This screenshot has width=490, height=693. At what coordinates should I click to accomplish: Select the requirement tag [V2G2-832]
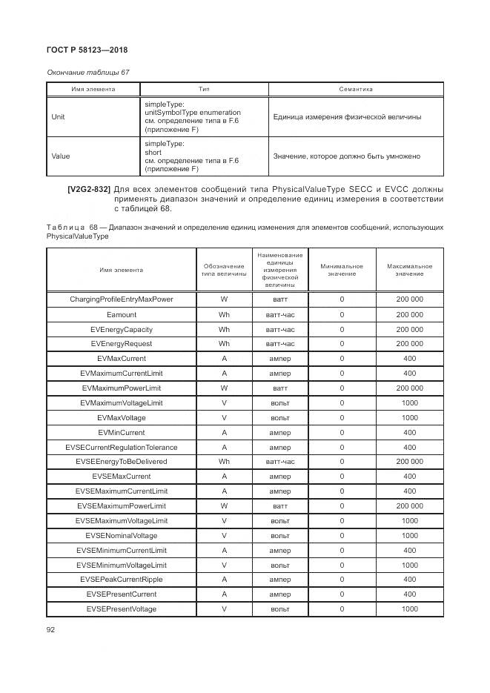pos(89,189)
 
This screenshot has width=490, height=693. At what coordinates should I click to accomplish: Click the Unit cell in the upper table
pos(58,117)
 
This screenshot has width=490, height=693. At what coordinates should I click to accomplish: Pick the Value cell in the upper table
pos(60,156)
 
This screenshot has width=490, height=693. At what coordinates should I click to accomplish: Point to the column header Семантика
pos(356,90)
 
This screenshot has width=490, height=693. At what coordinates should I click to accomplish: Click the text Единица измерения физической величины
pos(347,117)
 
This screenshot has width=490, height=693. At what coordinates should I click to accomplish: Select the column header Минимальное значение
pos(342,270)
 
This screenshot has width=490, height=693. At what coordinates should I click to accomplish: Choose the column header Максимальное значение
pos(409,270)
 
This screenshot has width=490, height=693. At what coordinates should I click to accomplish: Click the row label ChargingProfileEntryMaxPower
pos(122,299)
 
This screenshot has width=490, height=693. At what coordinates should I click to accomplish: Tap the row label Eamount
pos(122,314)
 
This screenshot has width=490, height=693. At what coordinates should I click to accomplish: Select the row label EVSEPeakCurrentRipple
pos(122,580)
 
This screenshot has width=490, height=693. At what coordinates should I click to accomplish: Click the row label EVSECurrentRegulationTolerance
pos(122,447)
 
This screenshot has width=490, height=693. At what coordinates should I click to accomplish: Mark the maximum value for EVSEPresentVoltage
pos(409,609)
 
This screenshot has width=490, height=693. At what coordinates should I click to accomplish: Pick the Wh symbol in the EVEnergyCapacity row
pos(224,329)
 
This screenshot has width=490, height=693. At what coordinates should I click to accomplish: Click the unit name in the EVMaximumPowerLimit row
pos(280,388)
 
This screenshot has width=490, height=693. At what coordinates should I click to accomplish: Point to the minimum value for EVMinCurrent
pos(342,432)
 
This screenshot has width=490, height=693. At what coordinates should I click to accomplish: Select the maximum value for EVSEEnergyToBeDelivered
pos(409,462)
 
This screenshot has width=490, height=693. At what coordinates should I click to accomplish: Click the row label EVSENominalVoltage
pos(122,535)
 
